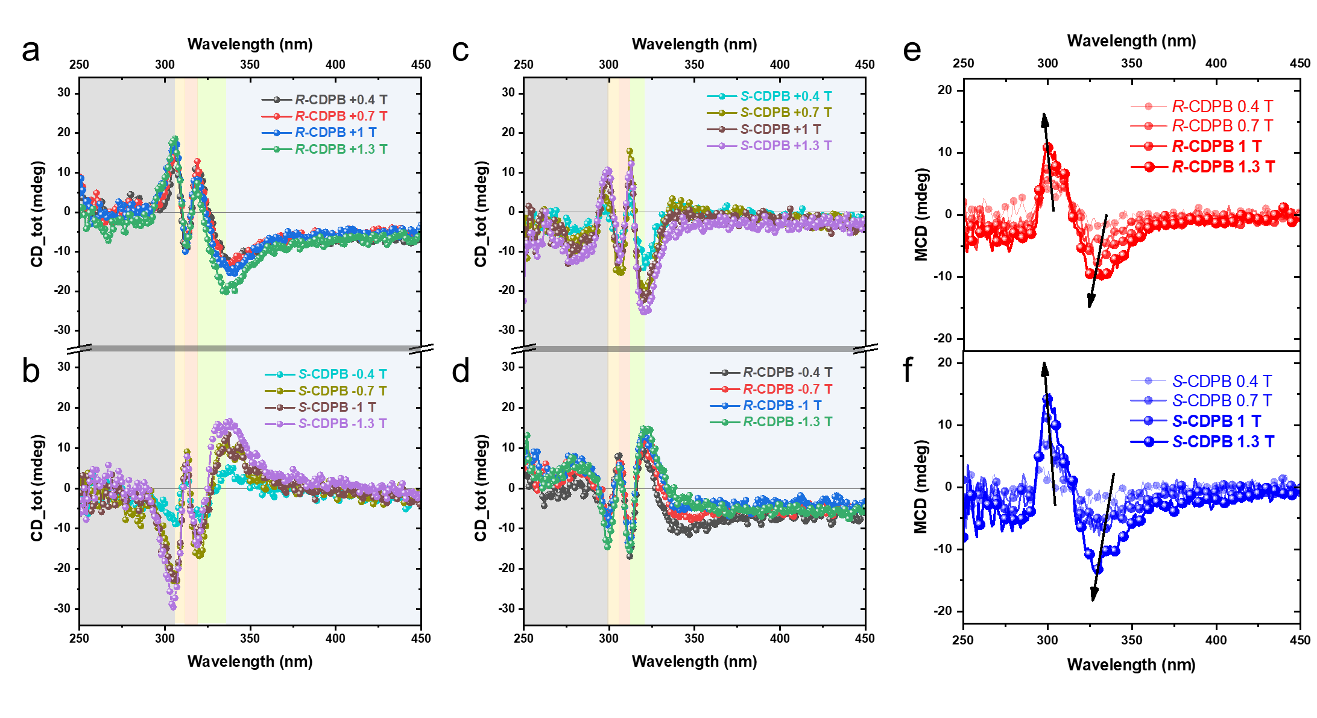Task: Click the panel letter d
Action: pos(461,371)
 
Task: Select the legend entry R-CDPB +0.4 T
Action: pos(341,99)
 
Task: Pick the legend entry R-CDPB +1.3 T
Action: pos(341,149)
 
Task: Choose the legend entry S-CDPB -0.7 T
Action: pos(342,391)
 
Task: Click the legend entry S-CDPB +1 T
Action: pos(780,129)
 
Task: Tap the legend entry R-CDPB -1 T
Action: pos(782,405)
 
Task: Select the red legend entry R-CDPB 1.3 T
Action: pos(1223,167)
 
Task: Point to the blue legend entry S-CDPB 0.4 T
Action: pos(1222,381)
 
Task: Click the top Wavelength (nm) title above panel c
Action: pos(694,44)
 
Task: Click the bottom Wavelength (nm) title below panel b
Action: pos(250,661)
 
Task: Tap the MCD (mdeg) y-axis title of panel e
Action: pos(921,215)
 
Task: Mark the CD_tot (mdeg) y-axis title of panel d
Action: pos(481,488)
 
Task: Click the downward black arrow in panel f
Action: pos(1103,537)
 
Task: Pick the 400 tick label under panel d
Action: pos(780,638)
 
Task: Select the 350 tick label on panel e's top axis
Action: pos(1132,63)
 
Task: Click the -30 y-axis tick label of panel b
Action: pos(63,608)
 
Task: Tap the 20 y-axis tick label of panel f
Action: pos(945,362)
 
